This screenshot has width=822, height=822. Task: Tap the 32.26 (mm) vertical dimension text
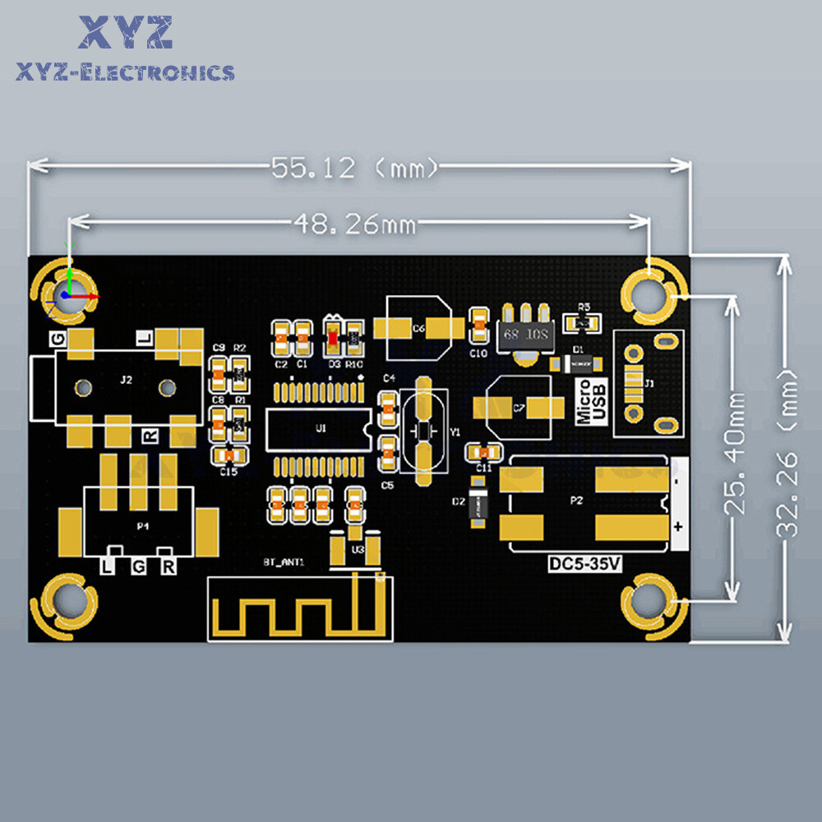click(x=787, y=452)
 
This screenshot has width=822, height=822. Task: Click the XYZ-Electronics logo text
click(x=125, y=73)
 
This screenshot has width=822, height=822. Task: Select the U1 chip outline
click(x=320, y=428)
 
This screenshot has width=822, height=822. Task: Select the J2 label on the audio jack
click(x=125, y=380)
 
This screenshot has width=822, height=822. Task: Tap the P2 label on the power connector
click(x=576, y=500)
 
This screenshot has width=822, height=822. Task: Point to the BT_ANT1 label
click(x=284, y=562)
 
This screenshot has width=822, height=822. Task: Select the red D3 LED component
click(x=333, y=335)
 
